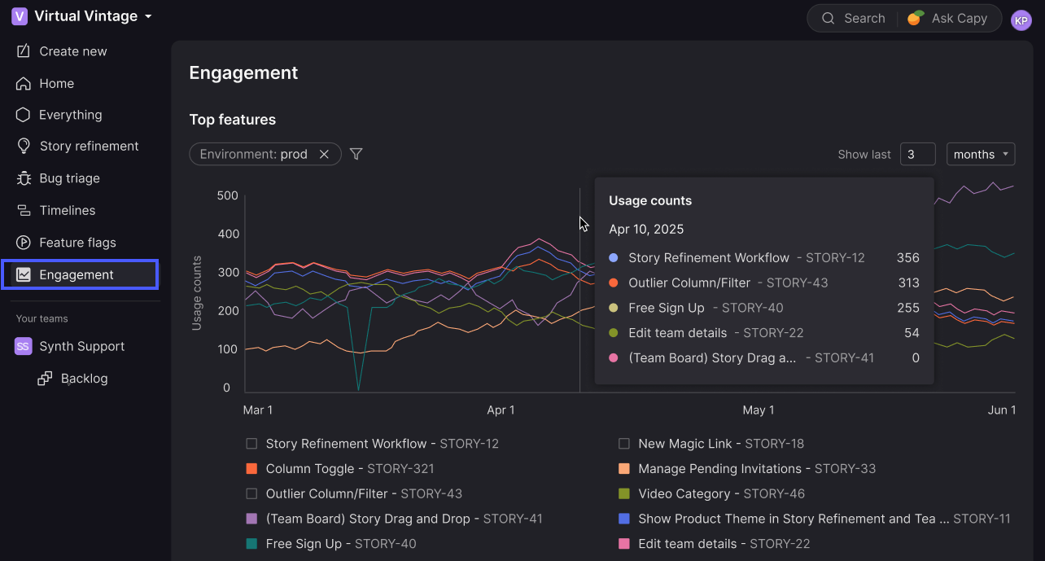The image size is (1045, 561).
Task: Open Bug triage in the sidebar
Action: tap(69, 178)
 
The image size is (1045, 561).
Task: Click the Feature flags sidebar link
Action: tap(77, 243)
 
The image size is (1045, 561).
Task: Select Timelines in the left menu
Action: tap(67, 210)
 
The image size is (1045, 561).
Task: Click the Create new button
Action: tap(72, 51)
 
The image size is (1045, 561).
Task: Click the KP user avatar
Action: tap(1021, 20)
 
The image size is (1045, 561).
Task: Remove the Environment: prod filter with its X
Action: tap(324, 155)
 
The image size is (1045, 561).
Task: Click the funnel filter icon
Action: tap(356, 154)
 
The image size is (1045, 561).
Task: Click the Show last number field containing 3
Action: tap(917, 155)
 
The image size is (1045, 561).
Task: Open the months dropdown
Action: tap(981, 155)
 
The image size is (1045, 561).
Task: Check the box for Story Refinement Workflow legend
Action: tap(251, 444)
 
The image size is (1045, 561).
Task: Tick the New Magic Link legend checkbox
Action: tap(624, 444)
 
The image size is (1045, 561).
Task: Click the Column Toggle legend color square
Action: tap(251, 469)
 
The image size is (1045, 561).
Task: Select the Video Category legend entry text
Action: tap(684, 493)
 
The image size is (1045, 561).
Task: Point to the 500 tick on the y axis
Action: tap(228, 195)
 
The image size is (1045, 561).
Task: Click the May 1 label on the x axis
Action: tap(759, 410)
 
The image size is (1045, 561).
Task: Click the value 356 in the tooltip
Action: tap(907, 258)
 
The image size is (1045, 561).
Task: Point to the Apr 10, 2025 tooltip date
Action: tap(646, 229)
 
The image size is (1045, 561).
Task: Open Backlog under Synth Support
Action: tap(84, 379)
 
